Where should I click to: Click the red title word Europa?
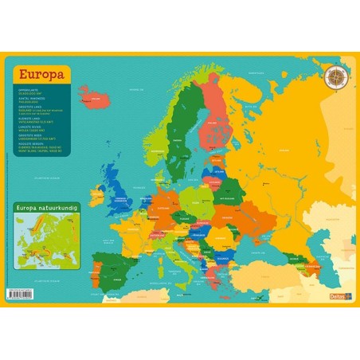pos(40,76)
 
